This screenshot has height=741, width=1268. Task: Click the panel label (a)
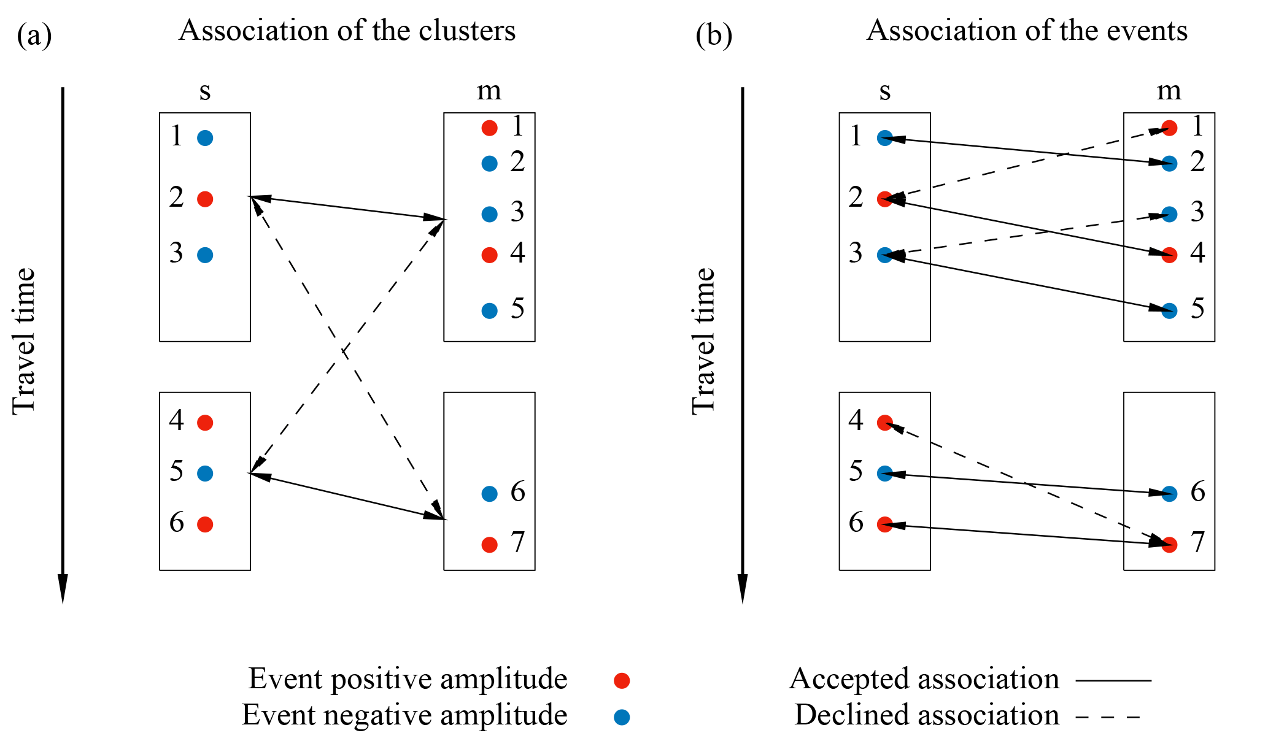pyautogui.click(x=34, y=36)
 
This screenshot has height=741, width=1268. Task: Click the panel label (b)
pyautogui.click(x=714, y=36)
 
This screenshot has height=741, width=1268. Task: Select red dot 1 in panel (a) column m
pyautogui.click(x=489, y=128)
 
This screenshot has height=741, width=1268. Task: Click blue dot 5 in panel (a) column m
pyautogui.click(x=489, y=311)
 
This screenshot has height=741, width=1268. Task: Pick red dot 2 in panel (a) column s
pyautogui.click(x=205, y=199)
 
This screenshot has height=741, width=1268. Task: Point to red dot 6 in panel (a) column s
pyautogui.click(x=205, y=524)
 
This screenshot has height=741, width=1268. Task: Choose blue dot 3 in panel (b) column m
pyautogui.click(x=1169, y=214)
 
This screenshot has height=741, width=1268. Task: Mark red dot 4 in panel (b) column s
pyautogui.click(x=884, y=423)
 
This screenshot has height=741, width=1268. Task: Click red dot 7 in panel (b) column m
pyautogui.click(x=1169, y=545)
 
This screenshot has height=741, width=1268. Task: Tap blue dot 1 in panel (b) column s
pyautogui.click(x=884, y=138)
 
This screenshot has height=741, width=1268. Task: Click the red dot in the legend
pyautogui.click(x=622, y=680)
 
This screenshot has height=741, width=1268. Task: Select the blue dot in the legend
pyautogui.click(x=622, y=716)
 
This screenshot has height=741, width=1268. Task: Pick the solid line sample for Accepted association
pyautogui.click(x=1113, y=680)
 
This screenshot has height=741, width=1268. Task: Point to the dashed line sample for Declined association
pyautogui.click(x=1108, y=716)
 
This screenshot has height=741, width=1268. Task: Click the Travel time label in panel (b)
pyautogui.click(x=703, y=342)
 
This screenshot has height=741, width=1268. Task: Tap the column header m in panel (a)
pyautogui.click(x=489, y=91)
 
